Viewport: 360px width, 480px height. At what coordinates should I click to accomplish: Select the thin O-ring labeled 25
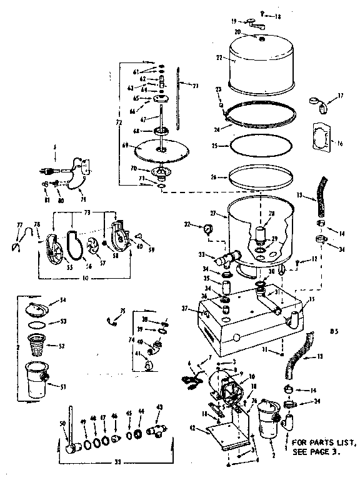coord(261,146)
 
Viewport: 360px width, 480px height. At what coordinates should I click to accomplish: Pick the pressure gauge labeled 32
coord(207,227)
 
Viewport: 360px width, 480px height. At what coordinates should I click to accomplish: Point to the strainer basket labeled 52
coord(39,344)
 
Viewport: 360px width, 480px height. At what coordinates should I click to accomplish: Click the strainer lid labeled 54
coord(39,308)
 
